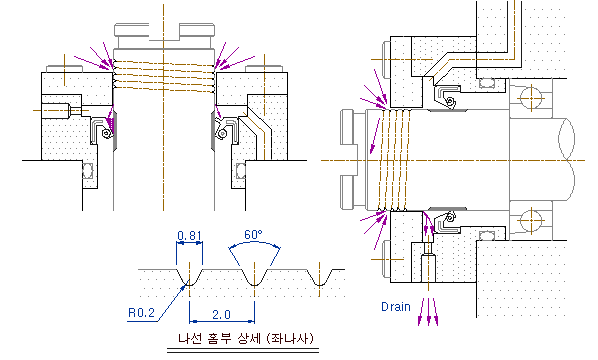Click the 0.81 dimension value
click(x=189, y=236)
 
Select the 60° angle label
click(x=253, y=234)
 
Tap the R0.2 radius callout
click(x=142, y=313)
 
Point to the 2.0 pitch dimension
click(x=221, y=314)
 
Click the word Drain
click(x=396, y=306)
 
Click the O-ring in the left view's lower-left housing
click(x=88, y=170)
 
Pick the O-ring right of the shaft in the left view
click(x=240, y=171)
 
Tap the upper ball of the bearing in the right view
click(x=531, y=98)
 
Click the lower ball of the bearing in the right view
click(x=531, y=221)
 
